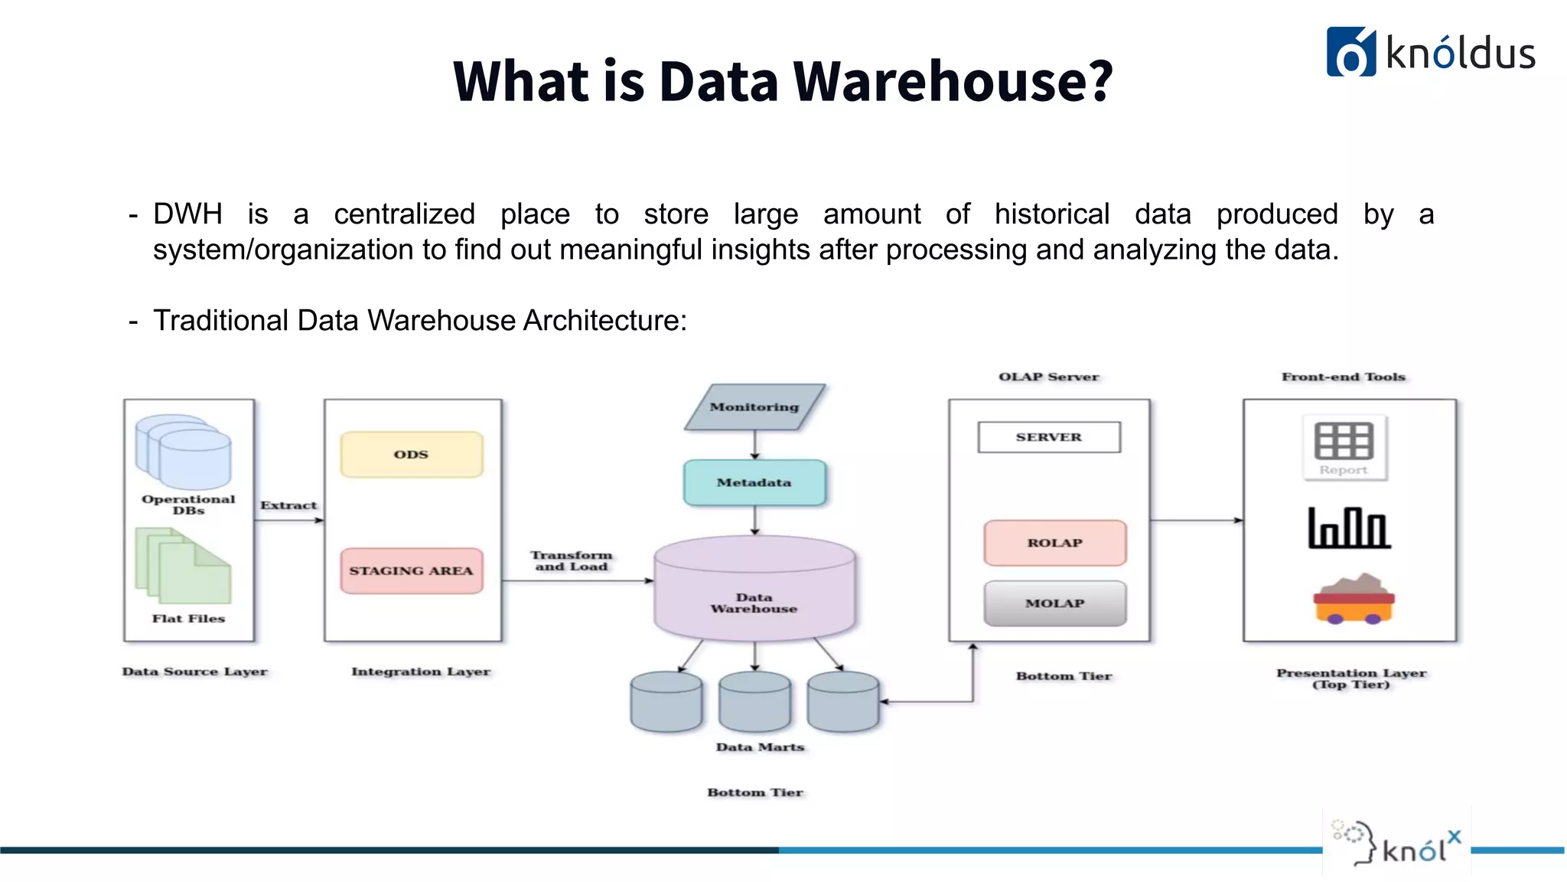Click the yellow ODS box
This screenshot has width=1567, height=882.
coord(412,454)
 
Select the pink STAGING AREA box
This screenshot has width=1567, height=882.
coord(412,570)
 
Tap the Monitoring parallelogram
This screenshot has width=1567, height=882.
coord(754,407)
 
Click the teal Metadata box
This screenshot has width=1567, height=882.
coord(754,482)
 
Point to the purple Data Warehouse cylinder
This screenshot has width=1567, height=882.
coord(754,590)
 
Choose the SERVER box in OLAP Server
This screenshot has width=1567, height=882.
coord(1049,437)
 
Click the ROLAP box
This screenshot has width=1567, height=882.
coord(1054,543)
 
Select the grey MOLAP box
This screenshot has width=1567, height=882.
coord(1054,603)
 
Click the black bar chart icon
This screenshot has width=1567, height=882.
coord(1349,528)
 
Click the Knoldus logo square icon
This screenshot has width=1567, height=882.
coord(1350,52)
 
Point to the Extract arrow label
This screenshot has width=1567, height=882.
coord(288,505)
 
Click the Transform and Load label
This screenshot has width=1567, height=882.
coord(572,560)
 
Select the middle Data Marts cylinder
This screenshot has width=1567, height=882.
coord(754,701)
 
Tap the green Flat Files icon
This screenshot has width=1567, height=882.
coord(184,567)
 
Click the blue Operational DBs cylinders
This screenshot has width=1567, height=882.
coord(184,452)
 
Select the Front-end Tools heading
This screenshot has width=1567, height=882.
coord(1344,377)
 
